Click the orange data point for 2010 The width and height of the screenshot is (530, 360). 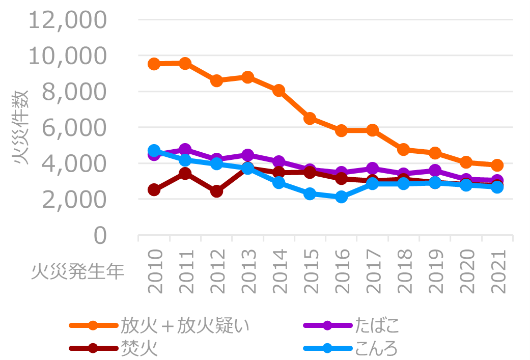click(154, 64)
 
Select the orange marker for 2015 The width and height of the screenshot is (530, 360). click(310, 119)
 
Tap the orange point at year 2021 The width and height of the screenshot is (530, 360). click(497, 165)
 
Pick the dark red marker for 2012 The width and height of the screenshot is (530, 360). click(216, 191)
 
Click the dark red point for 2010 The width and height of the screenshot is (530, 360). click(154, 190)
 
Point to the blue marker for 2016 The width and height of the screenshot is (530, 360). click(341, 197)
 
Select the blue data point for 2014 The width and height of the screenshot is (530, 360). click(278, 183)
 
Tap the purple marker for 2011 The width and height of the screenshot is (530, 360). click(185, 150)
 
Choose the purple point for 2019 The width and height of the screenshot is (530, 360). click(435, 171)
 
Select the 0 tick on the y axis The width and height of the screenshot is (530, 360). click(100, 235)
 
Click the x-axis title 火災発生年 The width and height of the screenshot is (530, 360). click(77, 271)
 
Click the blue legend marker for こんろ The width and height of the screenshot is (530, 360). click(327, 349)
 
